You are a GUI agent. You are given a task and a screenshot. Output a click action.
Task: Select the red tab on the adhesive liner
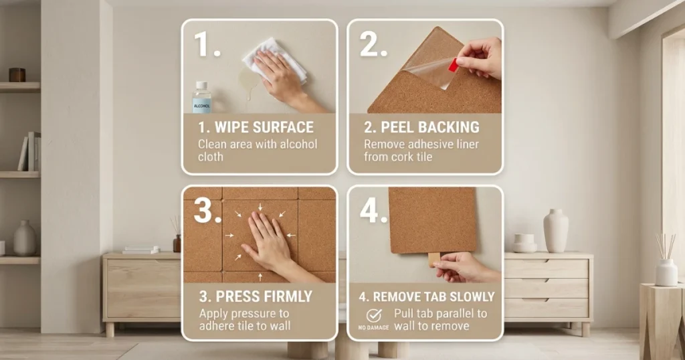453,65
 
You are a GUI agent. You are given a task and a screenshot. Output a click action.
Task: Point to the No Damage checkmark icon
374,315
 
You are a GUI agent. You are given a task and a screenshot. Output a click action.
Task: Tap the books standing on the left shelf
29,151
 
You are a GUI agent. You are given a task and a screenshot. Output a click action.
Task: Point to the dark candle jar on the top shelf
17,75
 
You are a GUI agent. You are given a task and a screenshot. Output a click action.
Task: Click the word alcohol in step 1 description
298,144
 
